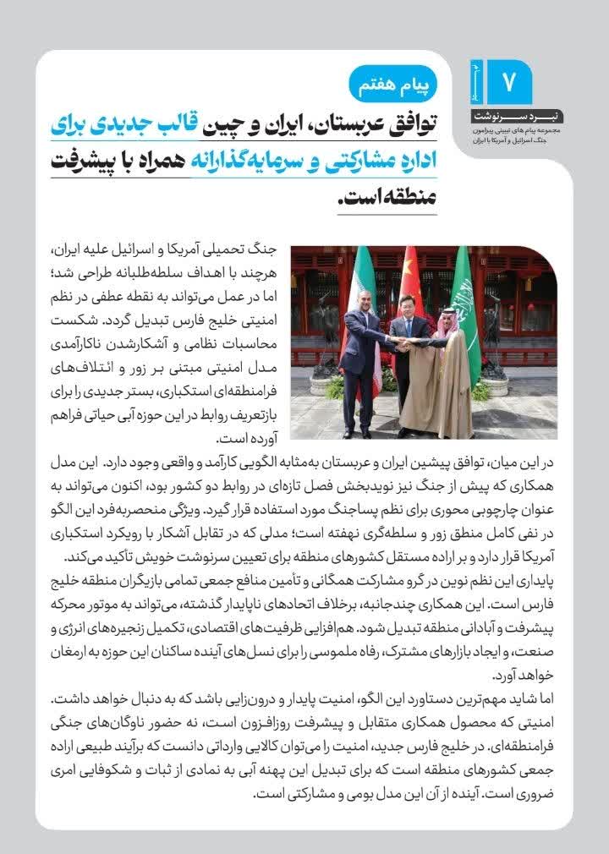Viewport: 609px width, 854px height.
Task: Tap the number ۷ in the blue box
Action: [509, 81]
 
